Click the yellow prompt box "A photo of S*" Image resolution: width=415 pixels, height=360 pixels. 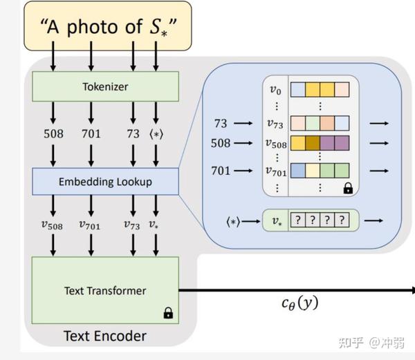(x=107, y=28)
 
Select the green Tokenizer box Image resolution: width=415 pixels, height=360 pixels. (x=105, y=88)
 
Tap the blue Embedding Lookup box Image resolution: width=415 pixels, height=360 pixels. (x=105, y=182)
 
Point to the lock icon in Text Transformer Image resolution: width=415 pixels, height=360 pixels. (x=168, y=313)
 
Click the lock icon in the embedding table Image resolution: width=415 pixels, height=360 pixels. (x=347, y=187)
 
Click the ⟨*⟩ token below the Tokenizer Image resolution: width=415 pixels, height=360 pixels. (x=156, y=133)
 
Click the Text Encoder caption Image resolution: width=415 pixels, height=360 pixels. (x=105, y=336)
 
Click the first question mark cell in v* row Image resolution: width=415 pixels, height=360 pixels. (x=297, y=221)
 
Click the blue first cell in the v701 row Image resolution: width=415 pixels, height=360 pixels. (x=297, y=170)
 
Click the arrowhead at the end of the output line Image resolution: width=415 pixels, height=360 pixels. (x=412, y=290)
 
